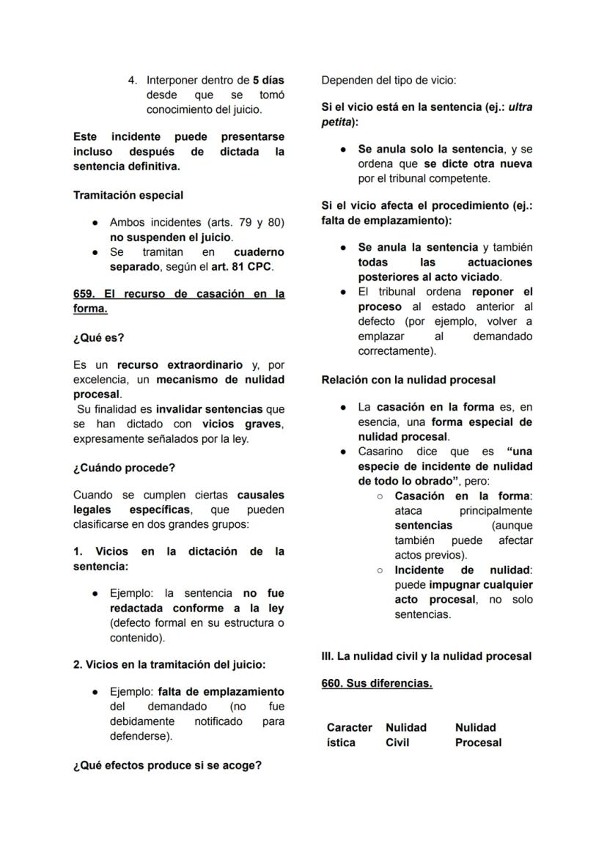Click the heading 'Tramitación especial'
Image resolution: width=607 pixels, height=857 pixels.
pos(128,196)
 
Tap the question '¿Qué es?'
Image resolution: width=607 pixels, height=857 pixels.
pos(99,338)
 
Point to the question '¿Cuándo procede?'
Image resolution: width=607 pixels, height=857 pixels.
pos(124,468)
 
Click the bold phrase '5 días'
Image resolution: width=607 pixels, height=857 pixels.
pos(268,80)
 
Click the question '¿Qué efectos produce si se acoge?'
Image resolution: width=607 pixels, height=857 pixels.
pos(167,766)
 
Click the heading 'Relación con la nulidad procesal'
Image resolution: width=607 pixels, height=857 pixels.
pos(408,380)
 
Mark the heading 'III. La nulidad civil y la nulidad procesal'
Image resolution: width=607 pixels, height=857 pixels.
pos(426,656)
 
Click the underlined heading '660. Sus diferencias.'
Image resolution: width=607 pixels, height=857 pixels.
pos(377,683)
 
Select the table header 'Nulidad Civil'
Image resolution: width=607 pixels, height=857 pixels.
pos(405,735)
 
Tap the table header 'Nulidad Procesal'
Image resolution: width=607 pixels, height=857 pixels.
pos(478,735)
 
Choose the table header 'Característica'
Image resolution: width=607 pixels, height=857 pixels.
pos(349,735)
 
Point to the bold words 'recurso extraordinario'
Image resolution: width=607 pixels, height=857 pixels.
pos(180,364)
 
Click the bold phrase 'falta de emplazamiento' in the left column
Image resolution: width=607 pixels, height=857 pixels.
pos(221,691)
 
